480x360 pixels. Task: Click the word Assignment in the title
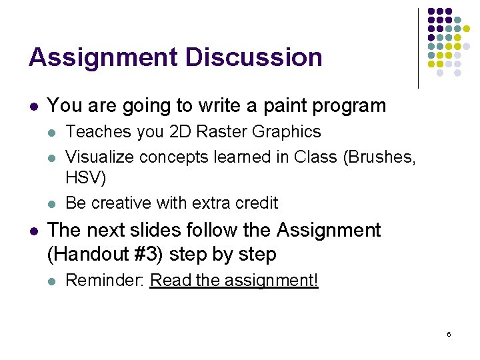(103, 57)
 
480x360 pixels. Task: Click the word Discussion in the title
(254, 57)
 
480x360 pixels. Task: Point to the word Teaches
(98, 132)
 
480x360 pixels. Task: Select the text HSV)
(86, 179)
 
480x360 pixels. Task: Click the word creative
(124, 203)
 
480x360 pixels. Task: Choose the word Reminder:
(105, 281)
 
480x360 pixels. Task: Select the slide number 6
(449, 333)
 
